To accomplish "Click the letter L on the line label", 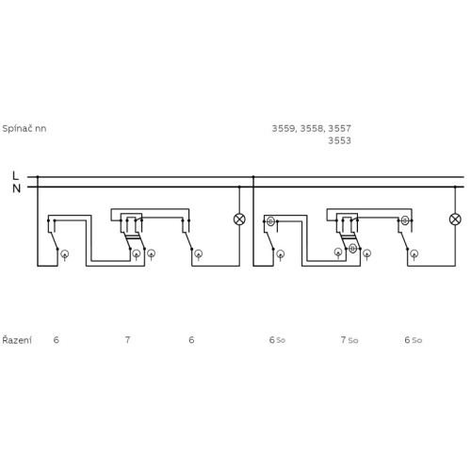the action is [15, 175].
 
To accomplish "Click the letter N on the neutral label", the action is [16, 188].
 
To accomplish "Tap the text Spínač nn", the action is [24, 129].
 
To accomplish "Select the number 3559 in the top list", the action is [284, 128].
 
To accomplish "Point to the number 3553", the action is [339, 140].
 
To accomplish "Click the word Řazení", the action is [17, 340].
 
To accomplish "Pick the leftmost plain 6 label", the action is [57, 340].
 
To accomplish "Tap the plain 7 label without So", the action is [127, 340].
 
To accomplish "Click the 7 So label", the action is [349, 340].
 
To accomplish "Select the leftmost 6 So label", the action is [277, 340].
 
